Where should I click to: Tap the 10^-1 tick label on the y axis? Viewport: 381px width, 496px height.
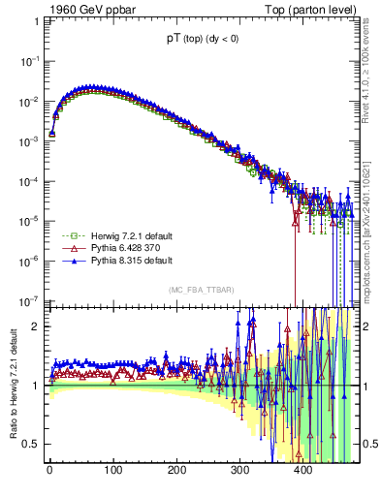pos(31,60)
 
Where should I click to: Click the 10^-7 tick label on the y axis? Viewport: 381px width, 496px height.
pos(31,300)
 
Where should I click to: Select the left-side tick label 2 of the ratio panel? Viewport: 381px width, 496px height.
pos(37,326)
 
